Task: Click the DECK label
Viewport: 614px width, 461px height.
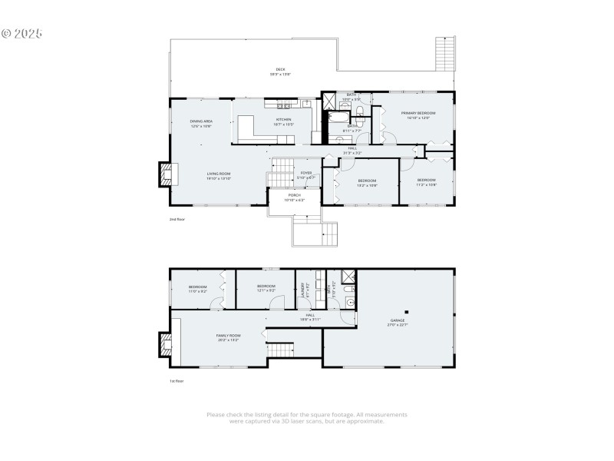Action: click(x=280, y=71)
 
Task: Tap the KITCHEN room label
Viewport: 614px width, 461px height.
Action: click(x=284, y=121)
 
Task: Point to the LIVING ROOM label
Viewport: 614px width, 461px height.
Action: click(x=219, y=175)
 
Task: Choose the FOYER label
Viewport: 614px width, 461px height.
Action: click(x=306, y=174)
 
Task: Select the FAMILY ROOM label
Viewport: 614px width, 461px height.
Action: click(x=228, y=337)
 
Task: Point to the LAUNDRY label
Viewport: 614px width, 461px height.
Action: click(x=304, y=289)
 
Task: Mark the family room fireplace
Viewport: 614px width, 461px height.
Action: click(x=166, y=343)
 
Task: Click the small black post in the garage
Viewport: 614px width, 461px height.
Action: click(x=408, y=312)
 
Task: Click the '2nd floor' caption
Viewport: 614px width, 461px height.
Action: click(x=178, y=219)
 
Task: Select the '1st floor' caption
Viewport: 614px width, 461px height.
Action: click(x=177, y=381)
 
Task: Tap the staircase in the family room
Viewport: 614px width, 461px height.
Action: click(x=282, y=350)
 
